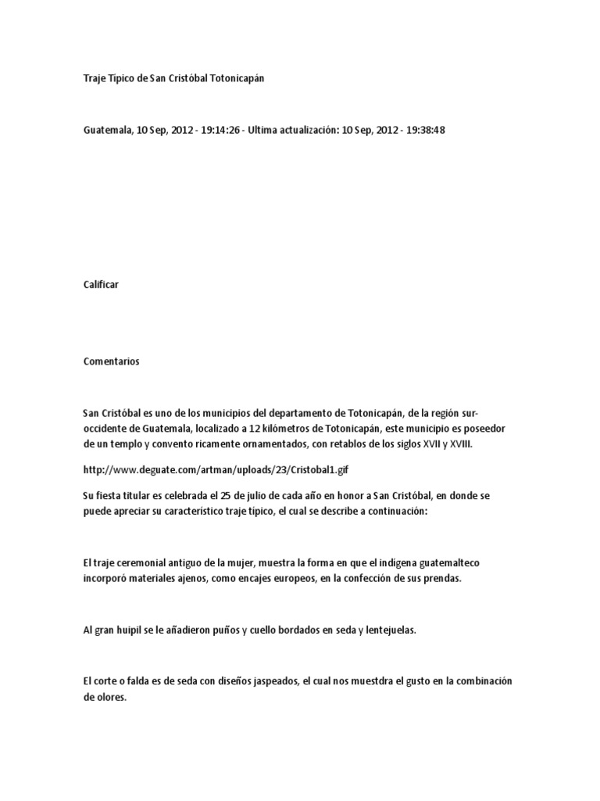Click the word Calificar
(100, 286)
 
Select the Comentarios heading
(111, 361)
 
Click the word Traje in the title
(95, 80)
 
